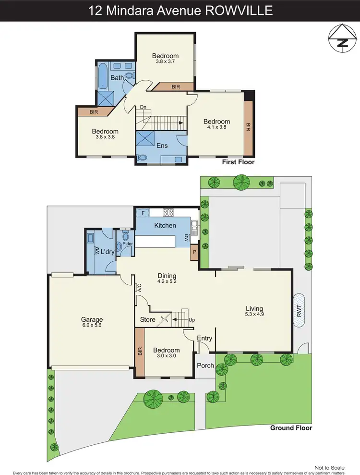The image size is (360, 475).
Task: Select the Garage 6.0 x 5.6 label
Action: pyautogui.click(x=92, y=323)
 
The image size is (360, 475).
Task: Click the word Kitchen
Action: pyautogui.click(x=165, y=225)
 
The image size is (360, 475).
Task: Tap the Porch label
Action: pyautogui.click(x=205, y=366)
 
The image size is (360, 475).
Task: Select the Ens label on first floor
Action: pyautogui.click(x=162, y=145)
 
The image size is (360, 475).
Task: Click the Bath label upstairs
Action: pyautogui.click(x=117, y=78)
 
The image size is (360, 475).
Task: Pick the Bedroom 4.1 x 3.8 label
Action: pyautogui.click(x=216, y=124)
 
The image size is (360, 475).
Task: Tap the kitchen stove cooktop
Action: pyautogui.click(x=169, y=212)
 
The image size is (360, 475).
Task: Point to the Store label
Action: pyautogui.click(x=147, y=319)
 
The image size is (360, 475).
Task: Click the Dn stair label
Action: pyautogui.click(x=143, y=108)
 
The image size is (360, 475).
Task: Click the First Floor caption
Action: pyautogui.click(x=238, y=162)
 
